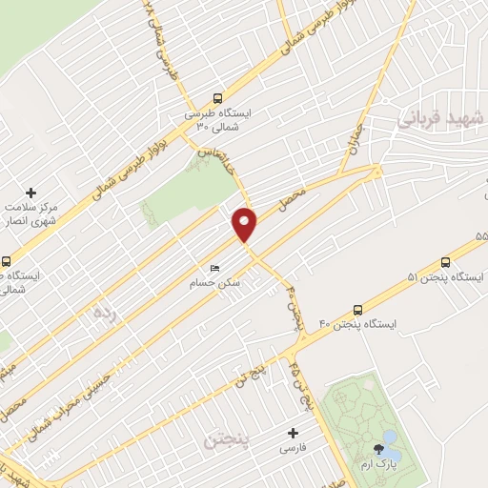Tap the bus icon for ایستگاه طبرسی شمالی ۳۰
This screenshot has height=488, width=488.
click(x=217, y=98)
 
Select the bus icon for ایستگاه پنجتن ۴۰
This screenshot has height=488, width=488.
click(x=357, y=309)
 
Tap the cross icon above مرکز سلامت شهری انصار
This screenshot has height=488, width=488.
click(x=31, y=193)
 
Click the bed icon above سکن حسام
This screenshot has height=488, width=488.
click(x=214, y=268)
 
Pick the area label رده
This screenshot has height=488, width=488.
click(x=103, y=312)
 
